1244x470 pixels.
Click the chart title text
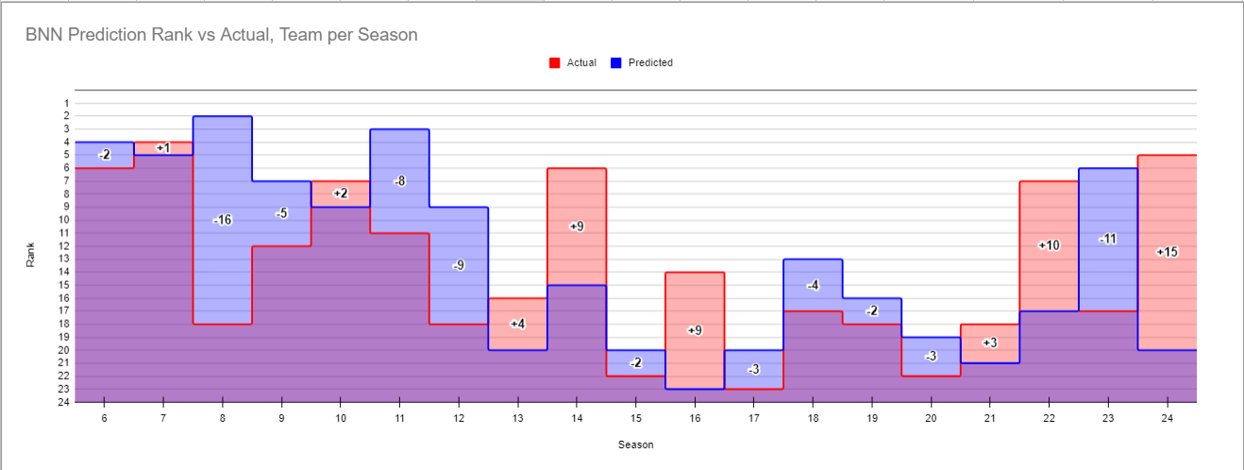pos(222,35)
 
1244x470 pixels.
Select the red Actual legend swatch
pos(554,63)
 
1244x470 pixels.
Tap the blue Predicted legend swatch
pos(615,63)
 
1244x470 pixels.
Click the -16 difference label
pos(223,220)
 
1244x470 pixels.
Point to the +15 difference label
pos(1167,252)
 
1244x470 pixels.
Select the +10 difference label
pos(1049,245)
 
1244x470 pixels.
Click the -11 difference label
pos(1107,239)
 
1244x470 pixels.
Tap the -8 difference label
pos(399,180)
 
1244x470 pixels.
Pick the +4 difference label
pos(517,324)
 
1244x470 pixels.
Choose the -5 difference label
pos(281,213)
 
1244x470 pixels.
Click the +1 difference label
pos(163,148)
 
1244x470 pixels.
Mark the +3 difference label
pos(989,343)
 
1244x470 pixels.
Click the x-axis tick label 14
pos(577,417)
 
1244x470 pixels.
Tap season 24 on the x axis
pos(1167,417)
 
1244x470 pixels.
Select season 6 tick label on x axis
pos(104,417)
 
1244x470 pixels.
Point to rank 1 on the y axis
pos(66,103)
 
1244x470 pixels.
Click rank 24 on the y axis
pos(64,402)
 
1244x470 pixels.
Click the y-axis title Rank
pos(31,254)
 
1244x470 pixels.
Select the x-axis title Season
pos(635,445)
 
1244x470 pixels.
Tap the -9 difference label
pos(459,265)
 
